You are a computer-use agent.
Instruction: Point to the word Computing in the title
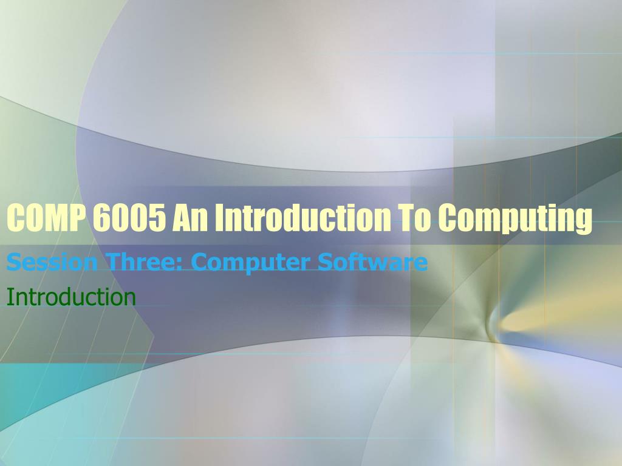515,219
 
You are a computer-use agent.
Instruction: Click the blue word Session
52,262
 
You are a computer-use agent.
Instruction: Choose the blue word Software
372,262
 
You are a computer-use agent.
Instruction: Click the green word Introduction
72,296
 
